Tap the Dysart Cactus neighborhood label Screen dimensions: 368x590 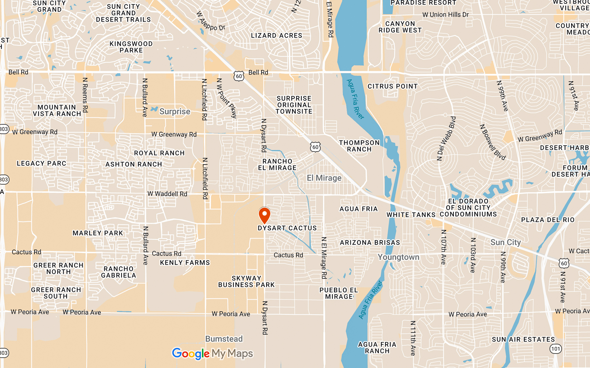[x=287, y=228]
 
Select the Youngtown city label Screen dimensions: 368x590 [x=398, y=257]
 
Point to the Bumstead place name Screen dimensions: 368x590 [x=224, y=339]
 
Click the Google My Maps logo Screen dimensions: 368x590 [x=212, y=354]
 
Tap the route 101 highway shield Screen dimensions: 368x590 [x=555, y=349]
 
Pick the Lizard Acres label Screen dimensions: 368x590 [x=277, y=36]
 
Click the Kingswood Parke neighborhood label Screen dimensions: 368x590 [x=131, y=47]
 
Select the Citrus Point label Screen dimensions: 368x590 [x=392, y=86]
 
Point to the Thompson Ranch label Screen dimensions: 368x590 [x=359, y=146]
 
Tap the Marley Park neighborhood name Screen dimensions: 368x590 [x=98, y=233]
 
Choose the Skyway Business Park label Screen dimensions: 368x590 [x=246, y=282]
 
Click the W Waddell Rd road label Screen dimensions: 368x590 [x=167, y=194]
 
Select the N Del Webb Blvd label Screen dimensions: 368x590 [x=446, y=139]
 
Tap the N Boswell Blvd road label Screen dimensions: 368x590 [x=493, y=142]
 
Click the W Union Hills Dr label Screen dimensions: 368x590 [x=445, y=15]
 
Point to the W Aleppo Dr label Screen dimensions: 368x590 [x=210, y=21]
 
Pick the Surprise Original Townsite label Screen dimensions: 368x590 [x=294, y=105]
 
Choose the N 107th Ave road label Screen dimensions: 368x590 [x=444, y=247]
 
